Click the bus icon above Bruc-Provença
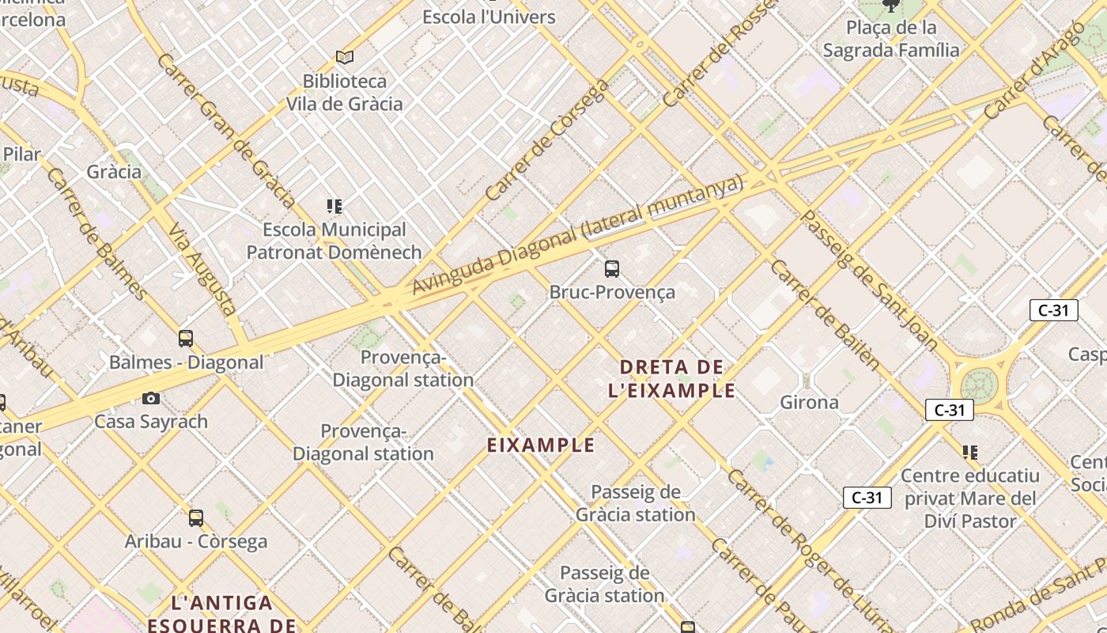coord(612,269)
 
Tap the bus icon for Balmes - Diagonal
coord(186,339)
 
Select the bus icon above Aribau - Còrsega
coord(196,518)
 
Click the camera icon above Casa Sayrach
coord(151,398)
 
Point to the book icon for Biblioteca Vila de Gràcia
coord(344,57)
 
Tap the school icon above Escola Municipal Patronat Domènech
coord(334,207)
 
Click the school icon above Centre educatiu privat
coord(970,453)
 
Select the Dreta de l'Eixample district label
coord(672,378)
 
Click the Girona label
coord(809,402)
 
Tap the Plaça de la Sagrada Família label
coord(891,39)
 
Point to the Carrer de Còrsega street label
coord(546,141)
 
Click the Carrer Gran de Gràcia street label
coord(226,131)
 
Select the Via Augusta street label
coord(202,269)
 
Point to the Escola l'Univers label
coord(489,17)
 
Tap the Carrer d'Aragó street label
coord(1033,71)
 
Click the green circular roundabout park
coord(980,387)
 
